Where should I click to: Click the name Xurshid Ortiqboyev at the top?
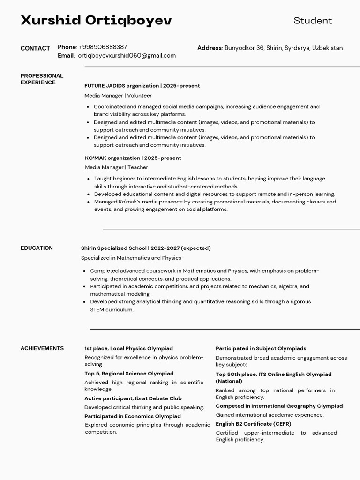[x=96, y=20]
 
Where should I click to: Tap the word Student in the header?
[x=313, y=21]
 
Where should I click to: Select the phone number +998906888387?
[x=103, y=47]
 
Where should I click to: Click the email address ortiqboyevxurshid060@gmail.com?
[x=127, y=55]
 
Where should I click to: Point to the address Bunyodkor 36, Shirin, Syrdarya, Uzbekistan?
[x=283, y=48]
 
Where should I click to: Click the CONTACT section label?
[x=35, y=48]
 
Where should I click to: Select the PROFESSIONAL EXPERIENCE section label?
[x=42, y=79]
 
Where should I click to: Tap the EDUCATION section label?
[x=37, y=248]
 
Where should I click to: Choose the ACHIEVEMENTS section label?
[x=42, y=348]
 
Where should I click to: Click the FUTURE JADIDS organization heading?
[x=142, y=86]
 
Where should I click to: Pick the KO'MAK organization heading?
[x=133, y=158]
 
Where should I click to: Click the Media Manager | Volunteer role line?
[x=118, y=95]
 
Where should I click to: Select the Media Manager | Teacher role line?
[x=116, y=167]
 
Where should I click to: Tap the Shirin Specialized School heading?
[x=146, y=248]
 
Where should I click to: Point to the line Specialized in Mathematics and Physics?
[x=131, y=258]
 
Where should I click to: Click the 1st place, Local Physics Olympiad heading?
[x=128, y=348]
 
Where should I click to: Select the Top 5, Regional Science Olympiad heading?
[x=129, y=374]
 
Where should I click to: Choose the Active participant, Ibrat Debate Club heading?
[x=133, y=398]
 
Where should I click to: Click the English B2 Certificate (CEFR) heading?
[x=253, y=424]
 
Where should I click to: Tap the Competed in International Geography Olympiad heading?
[x=279, y=406]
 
